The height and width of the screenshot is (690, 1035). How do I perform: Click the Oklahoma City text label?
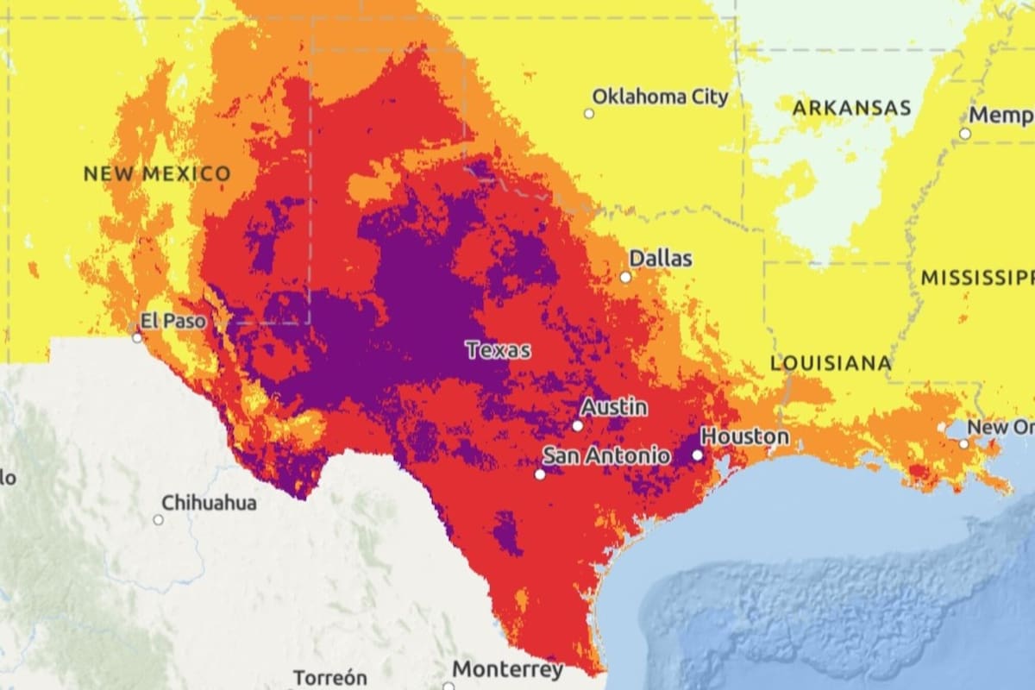(x=660, y=97)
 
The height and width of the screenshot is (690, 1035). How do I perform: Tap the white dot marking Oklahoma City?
(x=589, y=113)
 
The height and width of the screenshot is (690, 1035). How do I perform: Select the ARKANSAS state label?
(x=851, y=109)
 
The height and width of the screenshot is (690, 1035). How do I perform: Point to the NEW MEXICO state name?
(x=157, y=173)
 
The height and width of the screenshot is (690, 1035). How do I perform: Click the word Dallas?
(x=660, y=258)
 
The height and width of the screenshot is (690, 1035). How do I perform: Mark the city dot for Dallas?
(x=625, y=277)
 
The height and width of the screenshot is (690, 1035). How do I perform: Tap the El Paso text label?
(x=173, y=322)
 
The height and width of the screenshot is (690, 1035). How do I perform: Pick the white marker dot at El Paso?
(x=137, y=337)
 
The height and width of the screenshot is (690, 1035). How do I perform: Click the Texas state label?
(x=498, y=350)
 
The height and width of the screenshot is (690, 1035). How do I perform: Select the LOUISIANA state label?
(x=831, y=363)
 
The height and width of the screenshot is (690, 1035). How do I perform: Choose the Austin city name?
(x=613, y=407)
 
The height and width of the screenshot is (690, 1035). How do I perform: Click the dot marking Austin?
(x=578, y=425)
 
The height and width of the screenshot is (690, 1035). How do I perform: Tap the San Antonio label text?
(x=606, y=455)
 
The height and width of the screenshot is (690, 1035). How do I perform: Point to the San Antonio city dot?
(x=540, y=474)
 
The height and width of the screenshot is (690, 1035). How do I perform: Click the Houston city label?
(x=744, y=436)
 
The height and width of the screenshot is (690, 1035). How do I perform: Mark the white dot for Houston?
(x=697, y=454)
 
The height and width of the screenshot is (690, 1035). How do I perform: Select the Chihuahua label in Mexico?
(x=209, y=502)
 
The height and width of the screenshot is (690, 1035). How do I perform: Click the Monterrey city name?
(x=507, y=669)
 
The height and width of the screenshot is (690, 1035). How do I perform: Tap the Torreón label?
(x=330, y=677)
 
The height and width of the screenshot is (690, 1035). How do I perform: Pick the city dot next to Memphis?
(x=965, y=134)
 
